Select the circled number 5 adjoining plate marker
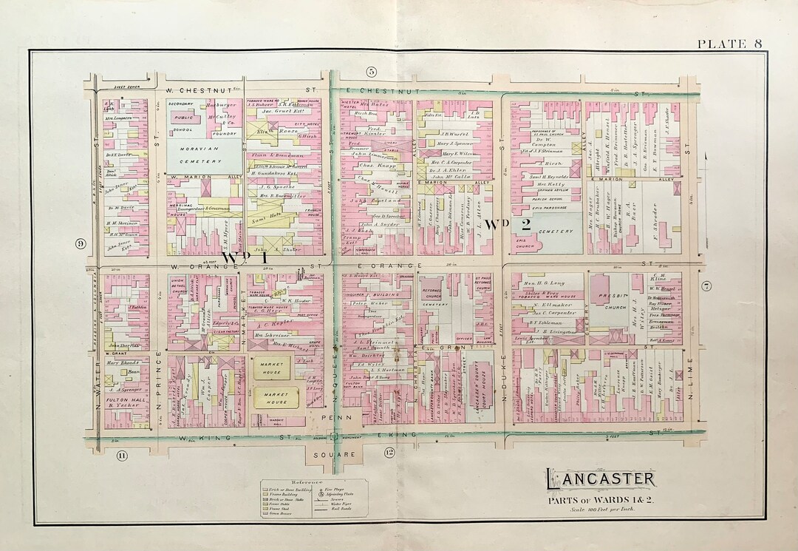click(371, 71)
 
